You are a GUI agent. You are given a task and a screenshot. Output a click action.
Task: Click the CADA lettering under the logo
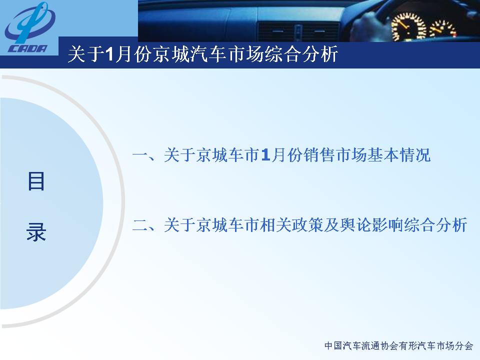click(x=28, y=48)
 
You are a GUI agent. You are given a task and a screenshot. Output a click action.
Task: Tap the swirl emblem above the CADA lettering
click(x=29, y=22)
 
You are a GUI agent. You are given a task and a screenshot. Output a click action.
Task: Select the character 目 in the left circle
click(x=36, y=181)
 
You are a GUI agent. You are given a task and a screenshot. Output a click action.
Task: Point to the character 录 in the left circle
click(x=36, y=231)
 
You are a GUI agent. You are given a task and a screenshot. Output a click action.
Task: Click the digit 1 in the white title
click(x=109, y=54)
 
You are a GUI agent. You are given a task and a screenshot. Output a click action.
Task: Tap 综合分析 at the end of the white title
click(x=301, y=54)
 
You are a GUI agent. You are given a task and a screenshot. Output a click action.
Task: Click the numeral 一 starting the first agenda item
click(x=140, y=155)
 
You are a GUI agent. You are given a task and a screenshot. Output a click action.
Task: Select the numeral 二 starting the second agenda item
click(x=140, y=225)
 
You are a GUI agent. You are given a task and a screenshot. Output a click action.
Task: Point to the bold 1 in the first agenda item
click(x=265, y=155)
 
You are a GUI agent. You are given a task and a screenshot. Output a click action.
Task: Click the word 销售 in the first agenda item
click(x=318, y=155)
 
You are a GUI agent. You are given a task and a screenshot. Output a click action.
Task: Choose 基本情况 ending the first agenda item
click(x=399, y=155)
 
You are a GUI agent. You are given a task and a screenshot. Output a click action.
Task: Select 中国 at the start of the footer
click(x=333, y=346)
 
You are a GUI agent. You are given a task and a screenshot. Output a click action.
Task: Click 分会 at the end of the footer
click(x=464, y=346)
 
